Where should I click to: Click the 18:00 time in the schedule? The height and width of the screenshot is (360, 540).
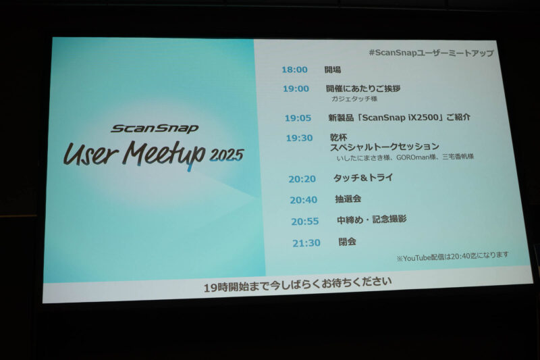[x=294, y=70]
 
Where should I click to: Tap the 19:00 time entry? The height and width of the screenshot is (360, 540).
[x=296, y=89]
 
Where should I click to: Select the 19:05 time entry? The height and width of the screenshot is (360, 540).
[x=298, y=118]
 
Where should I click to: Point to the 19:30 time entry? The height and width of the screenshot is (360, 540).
[x=300, y=138]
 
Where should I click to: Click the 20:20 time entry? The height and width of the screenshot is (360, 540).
[x=302, y=179]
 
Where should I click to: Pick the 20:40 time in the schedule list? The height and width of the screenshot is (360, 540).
[x=303, y=200]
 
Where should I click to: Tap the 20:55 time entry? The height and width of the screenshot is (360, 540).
[x=305, y=221]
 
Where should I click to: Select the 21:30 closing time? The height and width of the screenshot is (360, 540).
[x=306, y=243]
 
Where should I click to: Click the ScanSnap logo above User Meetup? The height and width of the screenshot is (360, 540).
[x=155, y=128]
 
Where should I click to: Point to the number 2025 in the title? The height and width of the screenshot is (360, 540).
[x=227, y=155]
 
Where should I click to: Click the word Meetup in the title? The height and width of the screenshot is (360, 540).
[x=165, y=154]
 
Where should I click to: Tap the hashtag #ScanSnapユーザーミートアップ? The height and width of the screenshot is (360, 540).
[x=431, y=53]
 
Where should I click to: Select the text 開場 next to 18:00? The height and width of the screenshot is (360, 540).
[x=333, y=70]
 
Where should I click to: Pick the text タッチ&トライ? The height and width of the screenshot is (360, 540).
[x=363, y=178]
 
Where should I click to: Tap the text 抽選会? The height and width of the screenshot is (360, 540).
[x=348, y=199]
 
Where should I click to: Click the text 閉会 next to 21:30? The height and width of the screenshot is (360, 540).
[x=347, y=242]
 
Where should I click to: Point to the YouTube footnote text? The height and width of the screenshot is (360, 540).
[x=452, y=257]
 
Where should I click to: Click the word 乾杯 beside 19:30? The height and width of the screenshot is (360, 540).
[x=339, y=138]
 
